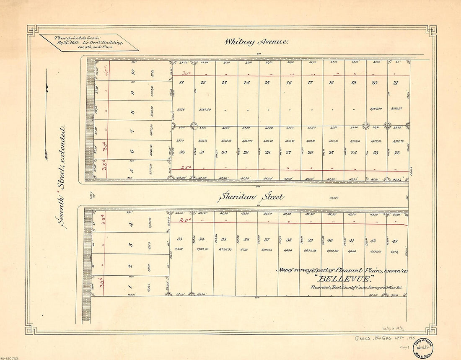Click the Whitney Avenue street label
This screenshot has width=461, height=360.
point(256,41)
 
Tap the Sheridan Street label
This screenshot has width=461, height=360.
point(250,197)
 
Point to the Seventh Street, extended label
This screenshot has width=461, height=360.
point(62,176)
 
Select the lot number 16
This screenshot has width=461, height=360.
point(289,83)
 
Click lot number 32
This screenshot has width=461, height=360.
point(181,153)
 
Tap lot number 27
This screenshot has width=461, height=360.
point(288,153)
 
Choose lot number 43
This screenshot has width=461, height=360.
point(394,241)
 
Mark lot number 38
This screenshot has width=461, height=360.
point(289,241)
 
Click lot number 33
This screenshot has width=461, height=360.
point(180,239)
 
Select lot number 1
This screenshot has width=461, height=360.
point(130,287)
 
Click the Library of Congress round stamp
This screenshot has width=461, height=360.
point(423,346)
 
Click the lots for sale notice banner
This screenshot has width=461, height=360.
point(88,42)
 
